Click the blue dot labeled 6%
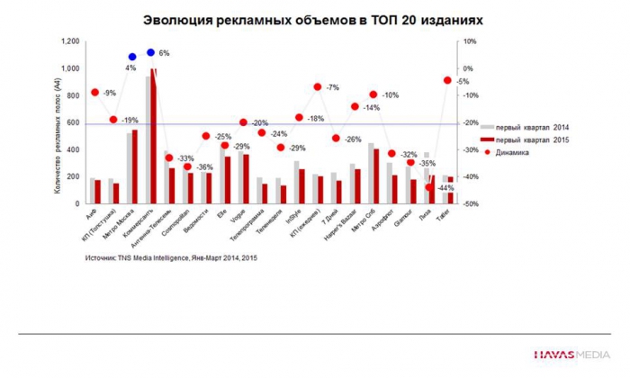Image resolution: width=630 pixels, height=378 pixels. point(150,53)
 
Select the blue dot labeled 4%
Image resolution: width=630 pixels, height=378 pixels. point(131,57)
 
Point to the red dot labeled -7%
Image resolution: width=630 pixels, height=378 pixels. point(318,87)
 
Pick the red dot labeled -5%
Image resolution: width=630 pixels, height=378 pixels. point(447,81)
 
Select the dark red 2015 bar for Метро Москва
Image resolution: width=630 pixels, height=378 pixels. point(135,167)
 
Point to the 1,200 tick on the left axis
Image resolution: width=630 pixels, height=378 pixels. point(71,41)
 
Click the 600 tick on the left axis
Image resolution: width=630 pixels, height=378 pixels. point(74,123)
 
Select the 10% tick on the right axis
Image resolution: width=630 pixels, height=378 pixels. point(469,41)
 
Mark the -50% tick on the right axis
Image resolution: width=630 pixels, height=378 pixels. point(469,204)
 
